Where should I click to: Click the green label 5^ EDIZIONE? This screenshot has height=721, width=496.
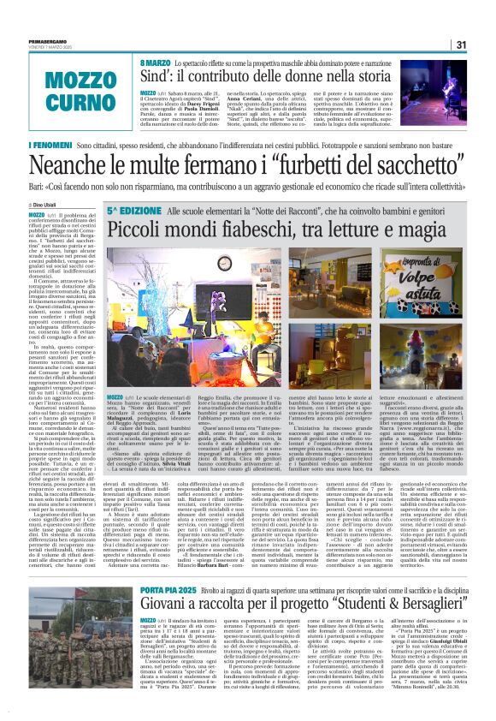point(133,210)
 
